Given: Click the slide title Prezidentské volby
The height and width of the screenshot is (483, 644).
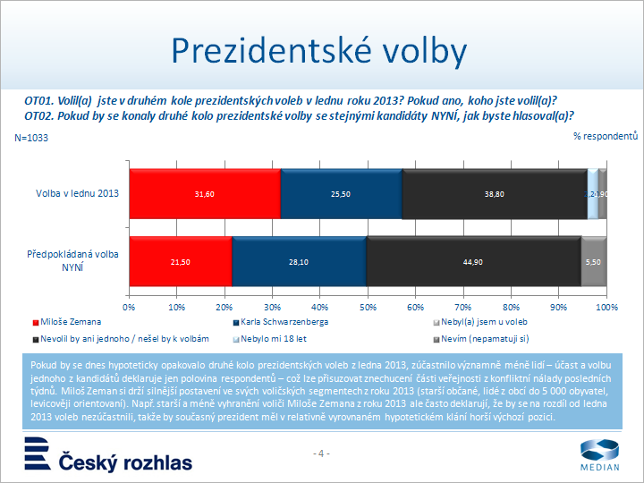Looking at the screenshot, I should click(x=319, y=51).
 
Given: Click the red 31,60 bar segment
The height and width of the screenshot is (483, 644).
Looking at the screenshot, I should click(x=205, y=193).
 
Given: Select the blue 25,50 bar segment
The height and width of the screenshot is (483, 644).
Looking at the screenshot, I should click(x=341, y=193).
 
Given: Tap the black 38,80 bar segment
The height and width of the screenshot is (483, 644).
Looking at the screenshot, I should click(x=495, y=193).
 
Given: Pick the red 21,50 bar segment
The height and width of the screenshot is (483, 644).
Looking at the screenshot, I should click(x=181, y=262).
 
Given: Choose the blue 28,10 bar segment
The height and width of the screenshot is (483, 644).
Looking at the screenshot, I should click(x=299, y=262).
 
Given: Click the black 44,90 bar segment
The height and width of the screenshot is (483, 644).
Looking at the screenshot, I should click(x=473, y=262).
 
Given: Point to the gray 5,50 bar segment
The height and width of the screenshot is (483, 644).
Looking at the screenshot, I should click(x=594, y=262).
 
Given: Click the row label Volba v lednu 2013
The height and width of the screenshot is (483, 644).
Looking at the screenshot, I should click(x=77, y=193).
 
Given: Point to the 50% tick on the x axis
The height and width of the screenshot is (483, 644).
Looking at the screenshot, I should click(x=368, y=307).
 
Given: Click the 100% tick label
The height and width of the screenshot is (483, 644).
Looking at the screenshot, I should click(x=607, y=307).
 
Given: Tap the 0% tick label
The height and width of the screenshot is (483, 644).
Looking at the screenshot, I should click(x=130, y=307).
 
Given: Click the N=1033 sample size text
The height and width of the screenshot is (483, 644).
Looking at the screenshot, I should click(x=31, y=139).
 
